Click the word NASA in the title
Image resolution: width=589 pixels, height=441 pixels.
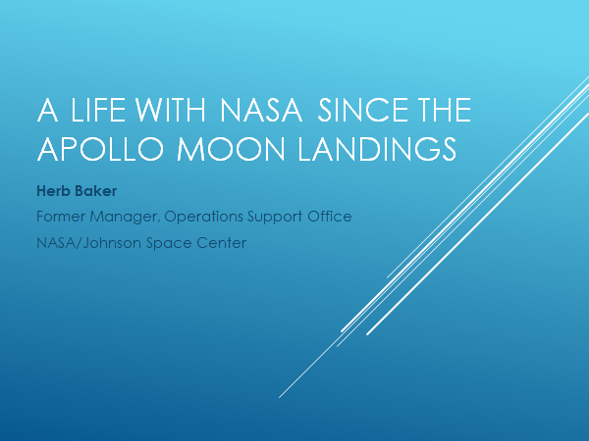(261, 110)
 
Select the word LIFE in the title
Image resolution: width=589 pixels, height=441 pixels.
(98, 110)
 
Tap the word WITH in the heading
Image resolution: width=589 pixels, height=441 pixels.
(170, 110)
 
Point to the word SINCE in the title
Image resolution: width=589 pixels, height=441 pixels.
(363, 110)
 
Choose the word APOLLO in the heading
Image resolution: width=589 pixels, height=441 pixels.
(100, 149)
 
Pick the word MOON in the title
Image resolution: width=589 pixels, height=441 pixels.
(231, 149)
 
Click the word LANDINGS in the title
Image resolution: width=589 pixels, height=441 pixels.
(377, 149)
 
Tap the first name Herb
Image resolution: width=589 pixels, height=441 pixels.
(53, 191)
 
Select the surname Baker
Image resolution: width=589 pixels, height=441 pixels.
(95, 191)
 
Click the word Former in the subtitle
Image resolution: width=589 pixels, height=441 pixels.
(61, 217)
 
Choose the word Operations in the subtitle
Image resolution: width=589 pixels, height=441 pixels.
(203, 218)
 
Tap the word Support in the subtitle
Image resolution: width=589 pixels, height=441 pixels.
(275, 218)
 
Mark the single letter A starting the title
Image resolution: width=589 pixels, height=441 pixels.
(47, 110)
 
